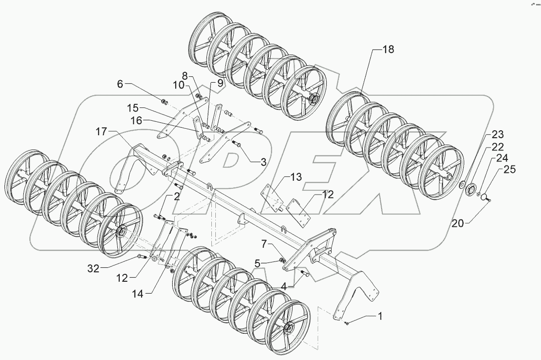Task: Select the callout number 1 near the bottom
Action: (x=380, y=315)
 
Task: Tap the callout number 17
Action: (x=101, y=132)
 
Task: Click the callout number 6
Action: (x=120, y=84)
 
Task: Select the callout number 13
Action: (x=296, y=177)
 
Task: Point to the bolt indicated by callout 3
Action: (x=236, y=144)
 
